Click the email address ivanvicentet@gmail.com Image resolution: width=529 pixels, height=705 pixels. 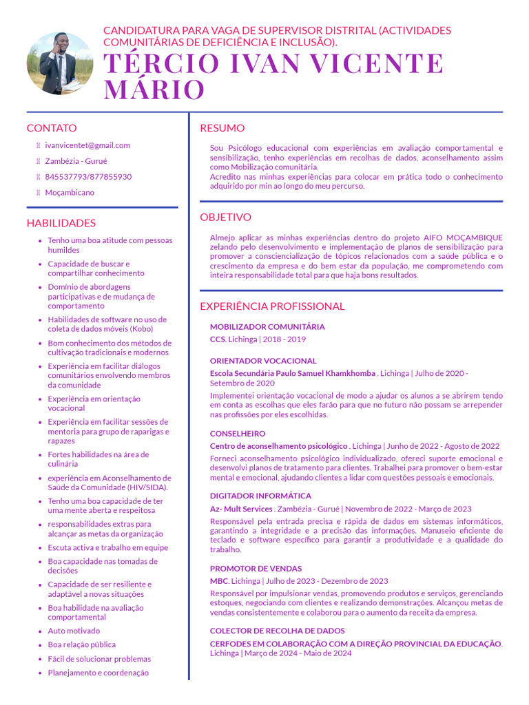pyautogui.click(x=87, y=145)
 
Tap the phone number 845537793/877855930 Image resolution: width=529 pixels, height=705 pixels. pyautogui.click(x=88, y=177)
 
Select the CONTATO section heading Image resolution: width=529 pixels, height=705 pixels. pyautogui.click(x=52, y=128)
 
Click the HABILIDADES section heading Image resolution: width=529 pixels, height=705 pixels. pyautogui.click(x=61, y=223)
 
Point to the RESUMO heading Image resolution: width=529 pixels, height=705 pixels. pyautogui.click(x=222, y=128)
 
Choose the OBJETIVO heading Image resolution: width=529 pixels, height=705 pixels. pyautogui.click(x=225, y=218)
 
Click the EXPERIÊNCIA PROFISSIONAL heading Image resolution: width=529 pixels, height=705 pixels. pyautogui.click(x=272, y=306)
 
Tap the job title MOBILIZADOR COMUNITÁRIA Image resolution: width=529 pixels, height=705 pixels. pyautogui.click(x=267, y=327)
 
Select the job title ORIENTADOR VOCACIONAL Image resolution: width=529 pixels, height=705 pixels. pyautogui.click(x=263, y=361)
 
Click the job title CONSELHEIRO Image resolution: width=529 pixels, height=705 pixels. pyautogui.click(x=238, y=434)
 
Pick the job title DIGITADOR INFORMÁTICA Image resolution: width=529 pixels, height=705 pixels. pyautogui.click(x=260, y=496)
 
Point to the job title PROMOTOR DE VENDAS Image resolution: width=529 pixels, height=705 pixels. pyautogui.click(x=256, y=569)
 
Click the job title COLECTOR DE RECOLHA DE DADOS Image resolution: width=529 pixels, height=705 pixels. pyautogui.click(x=278, y=631)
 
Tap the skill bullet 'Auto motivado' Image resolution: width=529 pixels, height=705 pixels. pyautogui.click(x=74, y=631)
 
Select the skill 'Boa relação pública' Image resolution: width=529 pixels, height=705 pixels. pyautogui.click(x=81, y=645)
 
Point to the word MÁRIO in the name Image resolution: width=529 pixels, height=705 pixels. pyautogui.click(x=154, y=90)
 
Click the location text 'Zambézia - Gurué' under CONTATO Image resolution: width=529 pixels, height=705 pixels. pyautogui.click(x=76, y=161)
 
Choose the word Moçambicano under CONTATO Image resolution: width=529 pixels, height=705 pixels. pyautogui.click(x=70, y=193)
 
